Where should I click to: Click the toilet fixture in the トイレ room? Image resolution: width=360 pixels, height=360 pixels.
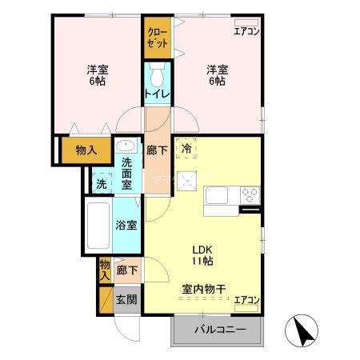[x=157, y=75]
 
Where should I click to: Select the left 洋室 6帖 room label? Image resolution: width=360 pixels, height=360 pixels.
[x=98, y=74]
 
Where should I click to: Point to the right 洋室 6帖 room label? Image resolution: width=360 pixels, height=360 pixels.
[x=216, y=74]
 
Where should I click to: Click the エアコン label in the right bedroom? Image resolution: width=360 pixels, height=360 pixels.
[x=246, y=31]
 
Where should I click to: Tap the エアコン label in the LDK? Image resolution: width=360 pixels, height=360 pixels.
[x=246, y=300]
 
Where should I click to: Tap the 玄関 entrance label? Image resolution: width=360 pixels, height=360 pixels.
[x=126, y=300]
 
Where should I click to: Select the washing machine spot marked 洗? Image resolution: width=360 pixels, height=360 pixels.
[x=101, y=183]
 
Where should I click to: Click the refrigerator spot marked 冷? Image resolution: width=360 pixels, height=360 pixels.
[x=186, y=148]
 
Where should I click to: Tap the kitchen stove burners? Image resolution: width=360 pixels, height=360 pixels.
[x=250, y=194]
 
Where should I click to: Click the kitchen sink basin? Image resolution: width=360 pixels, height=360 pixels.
[x=219, y=196]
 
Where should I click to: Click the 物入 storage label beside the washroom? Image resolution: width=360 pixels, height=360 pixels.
[x=86, y=150]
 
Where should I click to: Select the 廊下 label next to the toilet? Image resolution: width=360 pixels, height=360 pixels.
[x=157, y=150]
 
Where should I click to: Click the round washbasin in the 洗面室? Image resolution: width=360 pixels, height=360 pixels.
[x=126, y=146]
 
